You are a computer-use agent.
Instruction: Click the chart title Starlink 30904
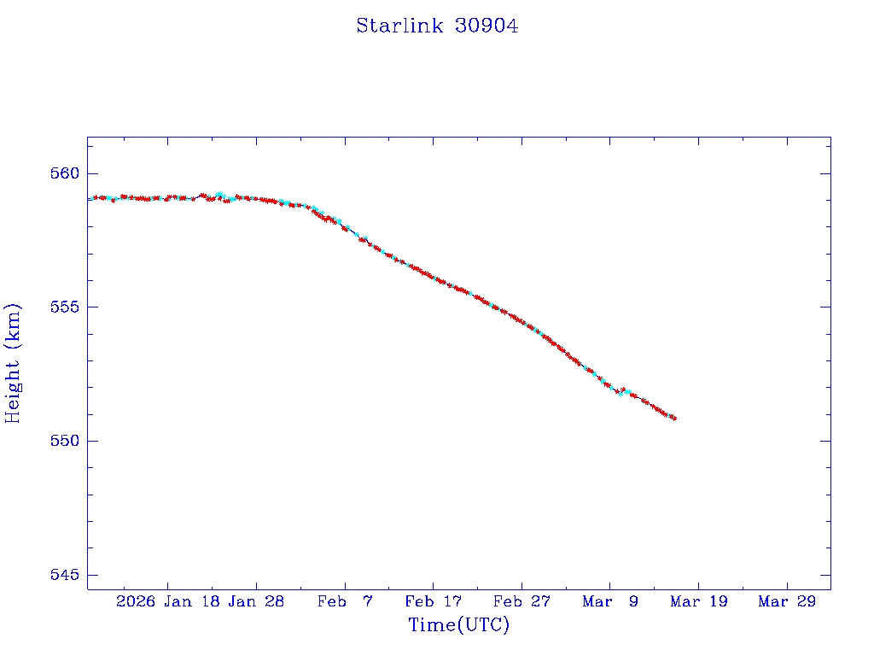coord(437,26)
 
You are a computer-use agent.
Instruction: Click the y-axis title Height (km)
coord(13,363)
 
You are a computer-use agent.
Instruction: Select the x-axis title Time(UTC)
coord(458,625)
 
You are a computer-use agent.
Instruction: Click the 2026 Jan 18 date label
coord(167,601)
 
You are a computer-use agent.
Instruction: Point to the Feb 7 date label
coord(345,601)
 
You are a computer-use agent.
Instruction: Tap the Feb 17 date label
coord(434,601)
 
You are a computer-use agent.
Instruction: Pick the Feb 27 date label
coord(521,601)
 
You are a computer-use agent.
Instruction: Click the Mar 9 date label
coord(610,601)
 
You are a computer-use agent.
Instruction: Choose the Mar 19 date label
coord(699,601)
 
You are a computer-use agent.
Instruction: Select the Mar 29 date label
coord(787,601)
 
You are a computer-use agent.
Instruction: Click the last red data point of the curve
coord(674,418)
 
